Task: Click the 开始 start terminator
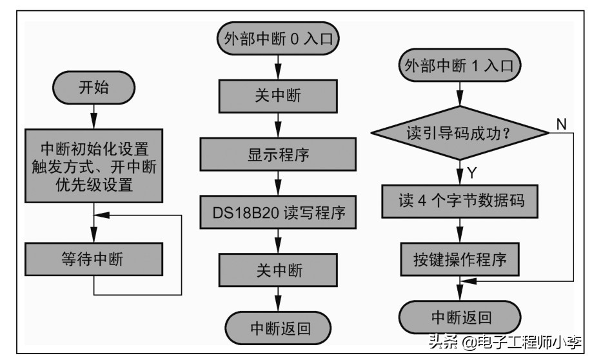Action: click(x=94, y=88)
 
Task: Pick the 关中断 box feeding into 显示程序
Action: click(x=278, y=96)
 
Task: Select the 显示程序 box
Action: click(x=278, y=155)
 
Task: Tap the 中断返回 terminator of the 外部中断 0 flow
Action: click(x=278, y=328)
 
